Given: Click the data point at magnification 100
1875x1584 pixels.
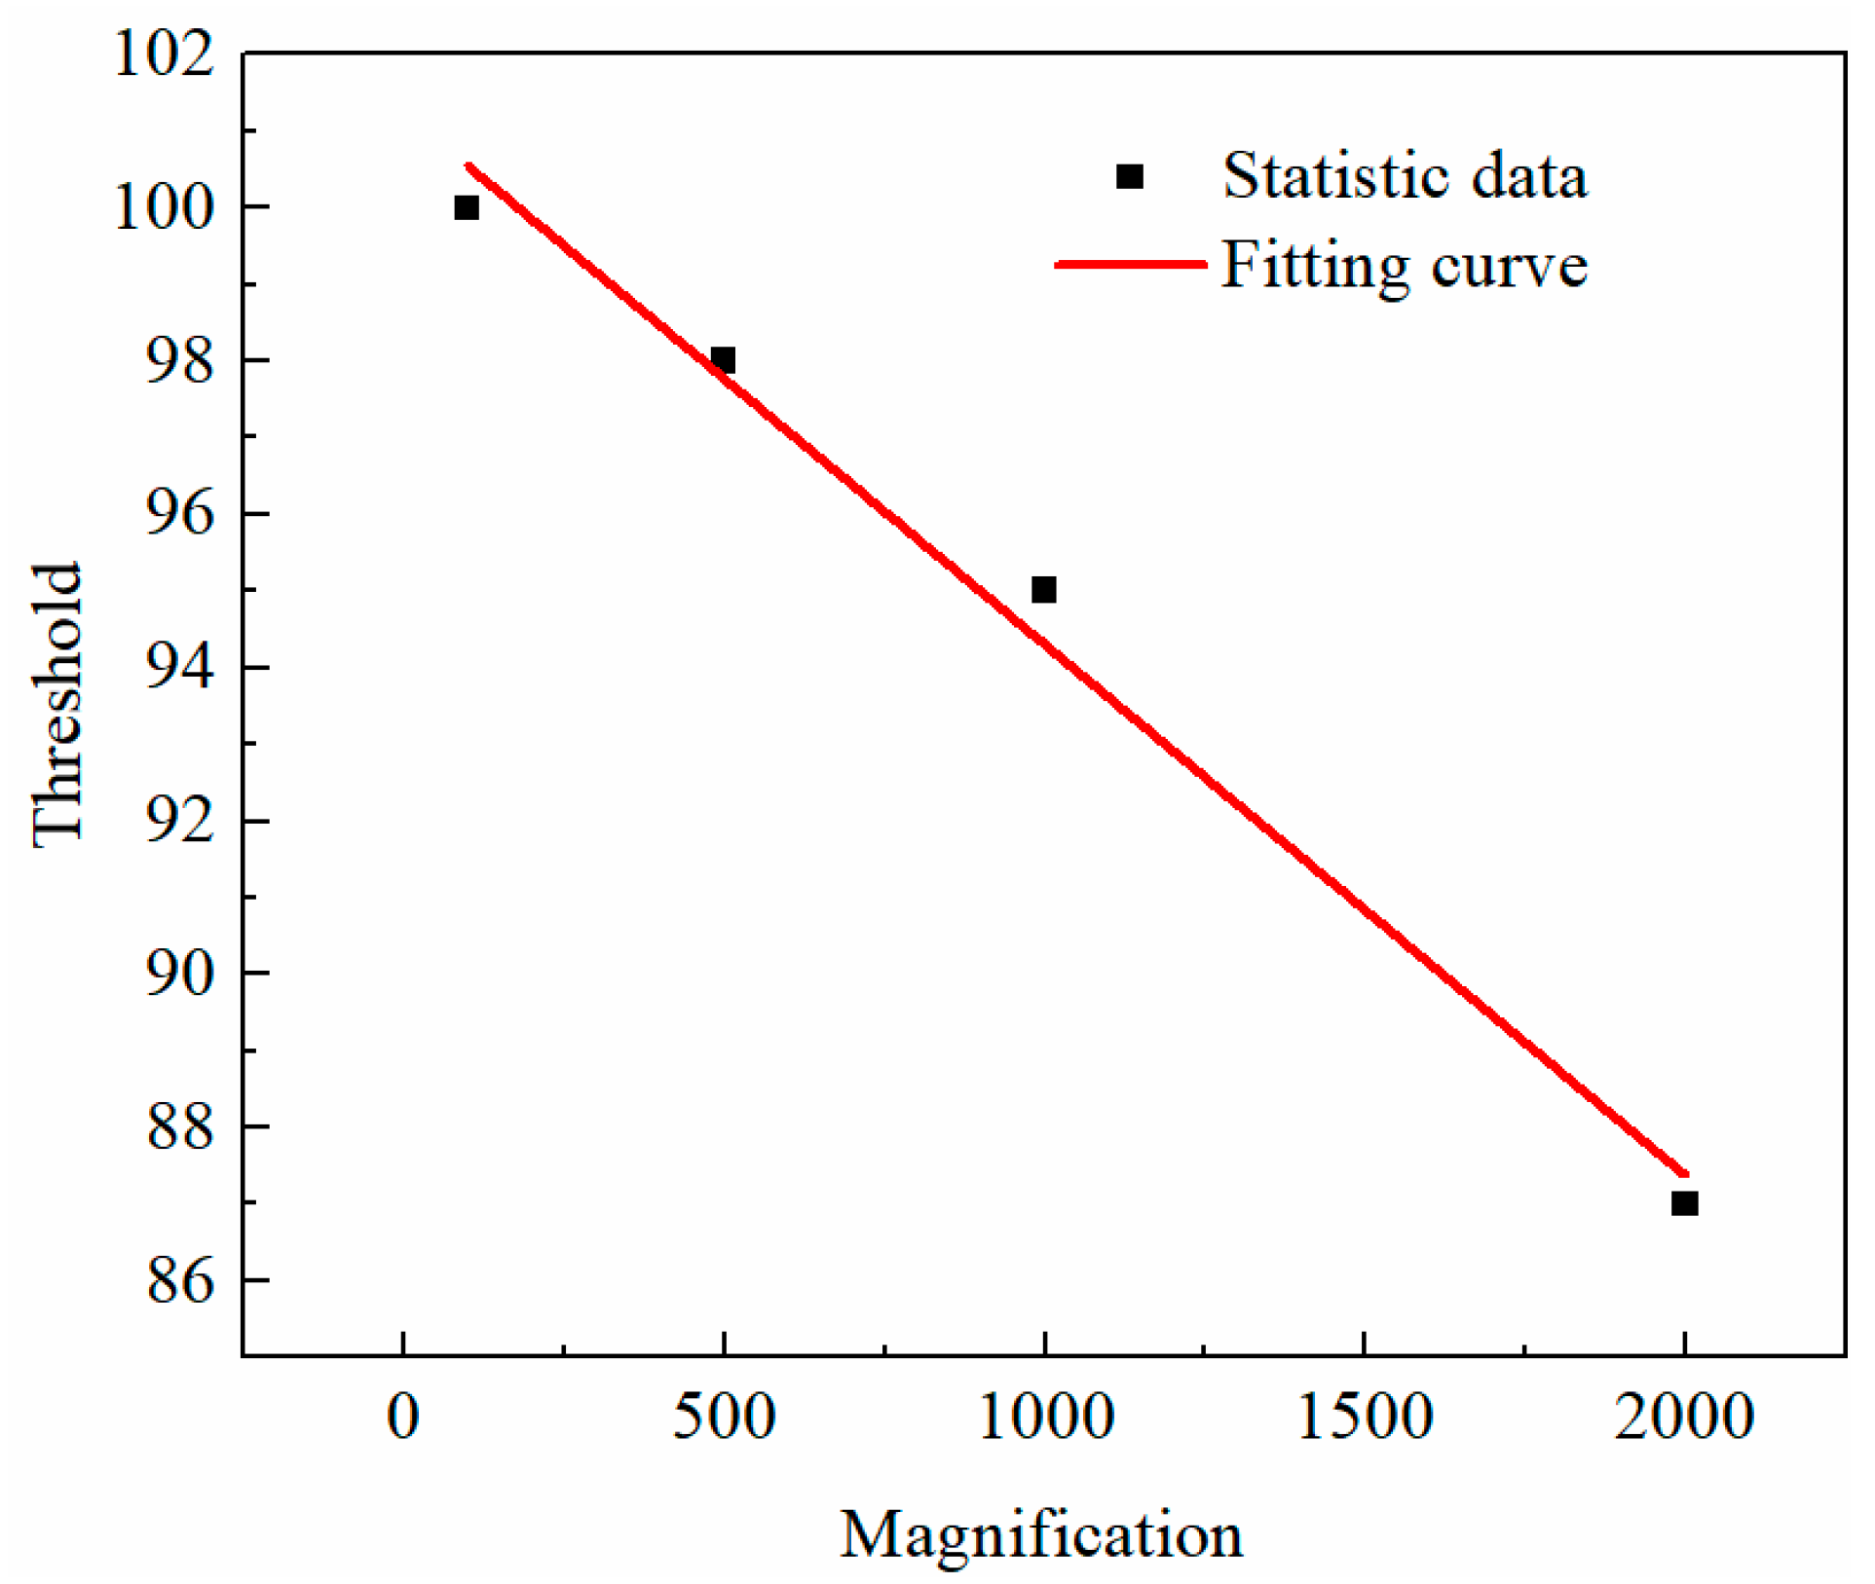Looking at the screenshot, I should click(x=467, y=207).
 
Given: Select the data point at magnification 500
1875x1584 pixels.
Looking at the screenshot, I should click(x=723, y=360).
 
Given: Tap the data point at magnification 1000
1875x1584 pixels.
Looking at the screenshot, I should click(x=1043, y=590).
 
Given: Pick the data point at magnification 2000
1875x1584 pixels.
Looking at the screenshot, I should click(x=1684, y=1203).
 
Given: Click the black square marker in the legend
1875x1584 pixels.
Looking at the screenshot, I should click(x=1129, y=176).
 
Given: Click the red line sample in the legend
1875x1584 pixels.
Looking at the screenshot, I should click(x=1130, y=264).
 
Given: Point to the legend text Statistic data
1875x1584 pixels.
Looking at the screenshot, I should click(x=1405, y=176).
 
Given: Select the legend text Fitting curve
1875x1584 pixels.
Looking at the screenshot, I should click(x=1405, y=265).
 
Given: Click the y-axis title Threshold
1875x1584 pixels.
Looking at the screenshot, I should click(x=56, y=705).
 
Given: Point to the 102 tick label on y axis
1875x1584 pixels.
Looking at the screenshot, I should click(x=164, y=55).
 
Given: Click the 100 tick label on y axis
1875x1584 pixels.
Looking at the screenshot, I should click(x=164, y=207).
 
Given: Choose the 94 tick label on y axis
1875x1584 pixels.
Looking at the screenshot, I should click(x=179, y=668).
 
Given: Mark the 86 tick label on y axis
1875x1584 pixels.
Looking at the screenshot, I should click(x=179, y=1281).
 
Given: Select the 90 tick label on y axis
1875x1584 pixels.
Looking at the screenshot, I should click(x=179, y=974).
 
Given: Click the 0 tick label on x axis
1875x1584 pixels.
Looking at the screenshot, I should click(x=402, y=1417).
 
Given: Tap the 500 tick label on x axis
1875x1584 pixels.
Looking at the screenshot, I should click(x=723, y=1417).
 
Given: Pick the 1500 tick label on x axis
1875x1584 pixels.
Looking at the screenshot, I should click(x=1364, y=1417).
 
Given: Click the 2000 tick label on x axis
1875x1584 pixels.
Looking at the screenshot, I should click(x=1684, y=1417).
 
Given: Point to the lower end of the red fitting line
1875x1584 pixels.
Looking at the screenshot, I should click(x=1685, y=1174).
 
